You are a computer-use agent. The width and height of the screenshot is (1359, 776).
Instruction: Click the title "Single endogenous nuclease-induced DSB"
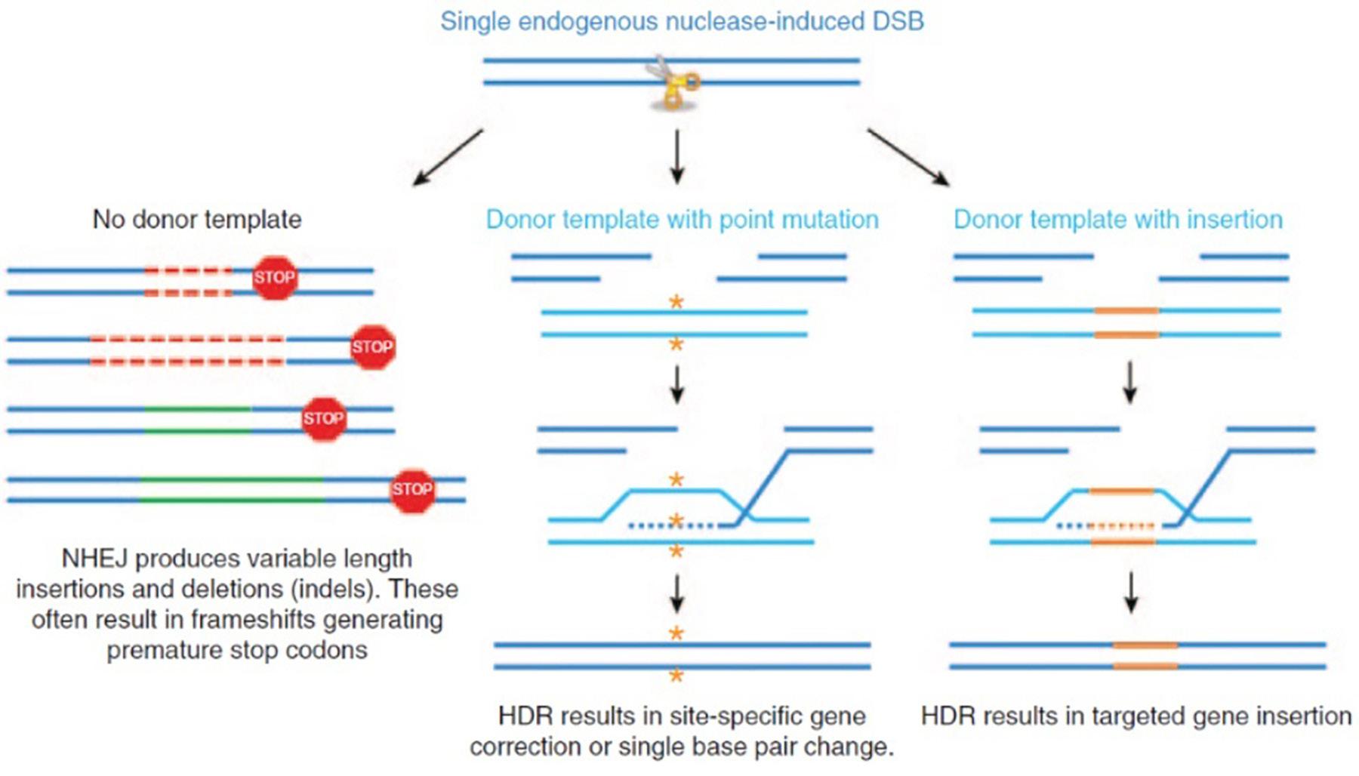(682, 21)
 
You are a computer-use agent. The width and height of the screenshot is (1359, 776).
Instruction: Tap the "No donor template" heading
(197, 219)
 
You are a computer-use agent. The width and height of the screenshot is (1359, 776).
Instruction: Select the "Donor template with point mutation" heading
(682, 219)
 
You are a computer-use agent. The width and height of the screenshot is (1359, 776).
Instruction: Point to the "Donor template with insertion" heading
(1118, 219)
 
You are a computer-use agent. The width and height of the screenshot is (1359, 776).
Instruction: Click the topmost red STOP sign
(274, 278)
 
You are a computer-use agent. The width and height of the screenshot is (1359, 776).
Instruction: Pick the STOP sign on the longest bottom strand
(412, 489)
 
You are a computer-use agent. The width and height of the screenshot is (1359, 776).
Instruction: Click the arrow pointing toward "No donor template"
(448, 157)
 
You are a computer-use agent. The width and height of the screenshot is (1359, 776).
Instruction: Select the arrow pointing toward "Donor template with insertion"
(908, 157)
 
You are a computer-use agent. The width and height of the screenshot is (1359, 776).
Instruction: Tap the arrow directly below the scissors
(677, 157)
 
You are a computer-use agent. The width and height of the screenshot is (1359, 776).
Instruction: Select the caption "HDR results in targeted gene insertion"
(1136, 716)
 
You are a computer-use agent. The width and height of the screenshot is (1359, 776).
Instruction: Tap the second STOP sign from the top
(372, 347)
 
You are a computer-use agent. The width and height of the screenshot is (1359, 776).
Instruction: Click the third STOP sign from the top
(324, 419)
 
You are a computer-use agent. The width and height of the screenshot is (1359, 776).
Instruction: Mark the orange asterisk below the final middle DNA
(676, 675)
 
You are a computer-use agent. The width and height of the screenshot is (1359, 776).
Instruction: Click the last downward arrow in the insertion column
(1130, 593)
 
